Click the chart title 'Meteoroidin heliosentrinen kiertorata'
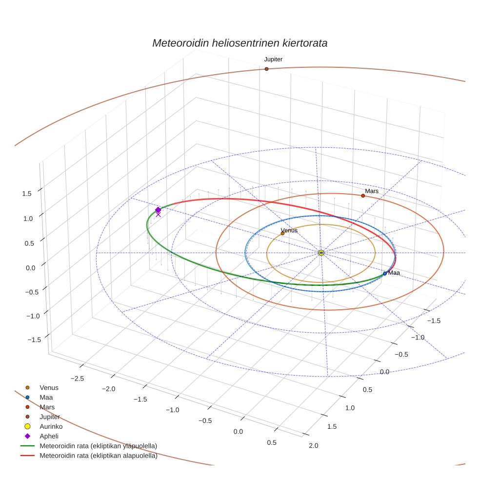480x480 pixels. (240, 43)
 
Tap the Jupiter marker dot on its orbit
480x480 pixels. (266, 69)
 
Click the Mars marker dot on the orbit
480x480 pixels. (363, 196)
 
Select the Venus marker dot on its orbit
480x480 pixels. (282, 233)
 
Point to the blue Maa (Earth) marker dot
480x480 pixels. (385, 274)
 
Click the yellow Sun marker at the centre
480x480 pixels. (321, 253)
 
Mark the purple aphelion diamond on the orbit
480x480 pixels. (158, 210)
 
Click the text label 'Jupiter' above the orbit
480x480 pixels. (273, 59)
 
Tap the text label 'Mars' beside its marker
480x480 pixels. (372, 191)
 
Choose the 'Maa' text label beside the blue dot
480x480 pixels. (394, 273)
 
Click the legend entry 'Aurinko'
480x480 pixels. (50, 426)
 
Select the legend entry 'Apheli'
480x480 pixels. (49, 436)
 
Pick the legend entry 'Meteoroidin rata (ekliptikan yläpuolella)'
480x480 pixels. (98, 446)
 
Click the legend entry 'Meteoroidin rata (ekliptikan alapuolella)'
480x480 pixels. (98, 456)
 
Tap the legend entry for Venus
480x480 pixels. (49, 387)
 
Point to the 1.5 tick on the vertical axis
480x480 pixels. (27, 193)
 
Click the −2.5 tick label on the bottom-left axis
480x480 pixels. (78, 379)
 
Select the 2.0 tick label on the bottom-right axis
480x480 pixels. (313, 445)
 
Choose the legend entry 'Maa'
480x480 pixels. (46, 397)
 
